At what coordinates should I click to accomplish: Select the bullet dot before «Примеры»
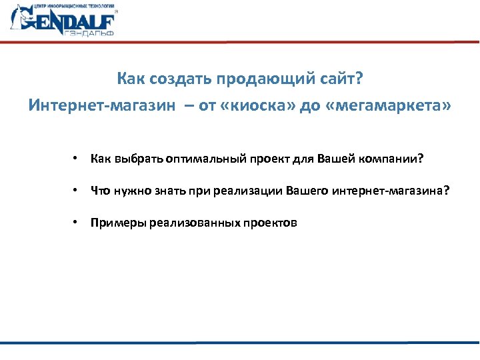point(78,223)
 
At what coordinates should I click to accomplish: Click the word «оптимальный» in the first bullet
point(207,160)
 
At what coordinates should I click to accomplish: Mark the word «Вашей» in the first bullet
point(333,160)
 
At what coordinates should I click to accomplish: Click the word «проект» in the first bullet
point(269,160)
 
